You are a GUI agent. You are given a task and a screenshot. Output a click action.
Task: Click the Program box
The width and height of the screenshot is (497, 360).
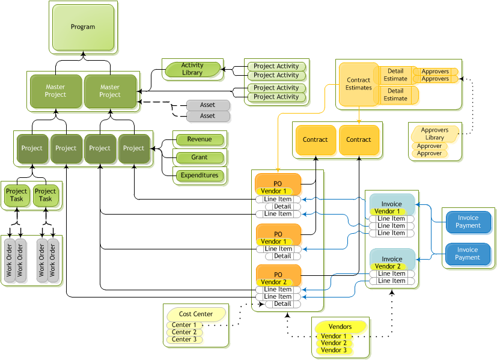[83, 27]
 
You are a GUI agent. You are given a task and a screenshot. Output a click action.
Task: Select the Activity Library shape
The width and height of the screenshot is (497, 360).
[192, 69]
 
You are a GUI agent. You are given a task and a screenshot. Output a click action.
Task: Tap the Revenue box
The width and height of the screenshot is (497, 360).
[200, 139]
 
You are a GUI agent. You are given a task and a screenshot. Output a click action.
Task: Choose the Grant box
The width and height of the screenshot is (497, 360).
[200, 157]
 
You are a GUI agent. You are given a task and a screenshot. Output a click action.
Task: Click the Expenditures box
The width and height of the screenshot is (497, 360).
[200, 175]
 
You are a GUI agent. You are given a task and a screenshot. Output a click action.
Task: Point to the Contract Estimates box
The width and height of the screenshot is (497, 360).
[358, 84]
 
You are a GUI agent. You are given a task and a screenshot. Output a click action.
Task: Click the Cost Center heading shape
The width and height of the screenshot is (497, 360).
[196, 314]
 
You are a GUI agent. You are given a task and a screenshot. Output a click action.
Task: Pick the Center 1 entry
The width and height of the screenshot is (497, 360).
[184, 325]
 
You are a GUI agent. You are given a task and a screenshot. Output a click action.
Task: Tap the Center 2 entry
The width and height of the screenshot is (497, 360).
[184, 332]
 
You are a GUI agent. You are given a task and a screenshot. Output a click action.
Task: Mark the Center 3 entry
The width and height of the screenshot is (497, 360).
[184, 340]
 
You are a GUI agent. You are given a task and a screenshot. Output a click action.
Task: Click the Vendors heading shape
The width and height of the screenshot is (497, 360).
[341, 326]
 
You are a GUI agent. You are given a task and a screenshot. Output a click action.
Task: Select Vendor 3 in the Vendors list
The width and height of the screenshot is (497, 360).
[334, 350]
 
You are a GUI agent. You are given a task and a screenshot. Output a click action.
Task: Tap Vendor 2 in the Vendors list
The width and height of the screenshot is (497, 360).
[334, 343]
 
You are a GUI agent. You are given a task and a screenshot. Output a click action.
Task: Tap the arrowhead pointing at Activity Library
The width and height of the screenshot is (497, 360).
[223, 70]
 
